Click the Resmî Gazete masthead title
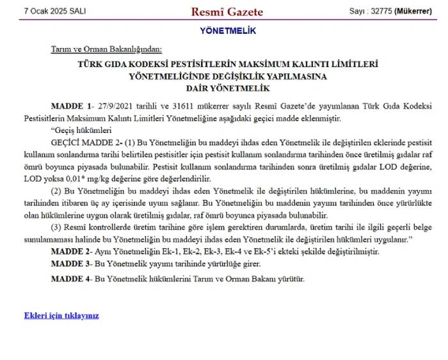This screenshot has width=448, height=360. pyautogui.click(x=227, y=12)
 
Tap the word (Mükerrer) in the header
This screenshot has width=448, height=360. pyautogui.click(x=413, y=12)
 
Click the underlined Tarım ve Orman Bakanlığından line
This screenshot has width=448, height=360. pyautogui.click(x=107, y=49)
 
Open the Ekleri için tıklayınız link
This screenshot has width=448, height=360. pyautogui.click(x=61, y=315)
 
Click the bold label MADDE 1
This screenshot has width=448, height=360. pyautogui.click(x=70, y=105)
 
